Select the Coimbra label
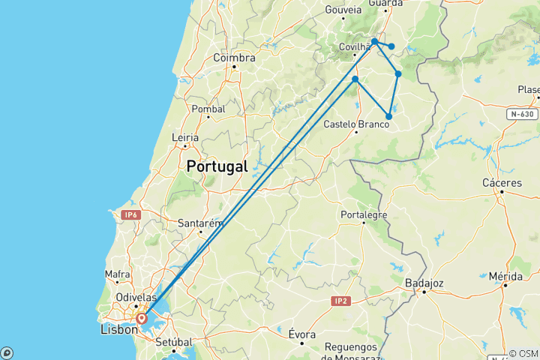click(234, 58)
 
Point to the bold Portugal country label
click(217, 166)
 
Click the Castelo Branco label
click(355, 124)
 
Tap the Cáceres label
click(502, 182)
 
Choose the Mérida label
click(505, 276)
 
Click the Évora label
click(302, 334)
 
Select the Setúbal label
click(174, 341)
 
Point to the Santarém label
click(201, 223)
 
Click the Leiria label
click(184, 137)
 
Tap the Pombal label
click(208, 109)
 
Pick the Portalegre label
click(363, 214)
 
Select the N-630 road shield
click(522, 115)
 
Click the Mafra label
click(118, 274)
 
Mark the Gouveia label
click(343, 10)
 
